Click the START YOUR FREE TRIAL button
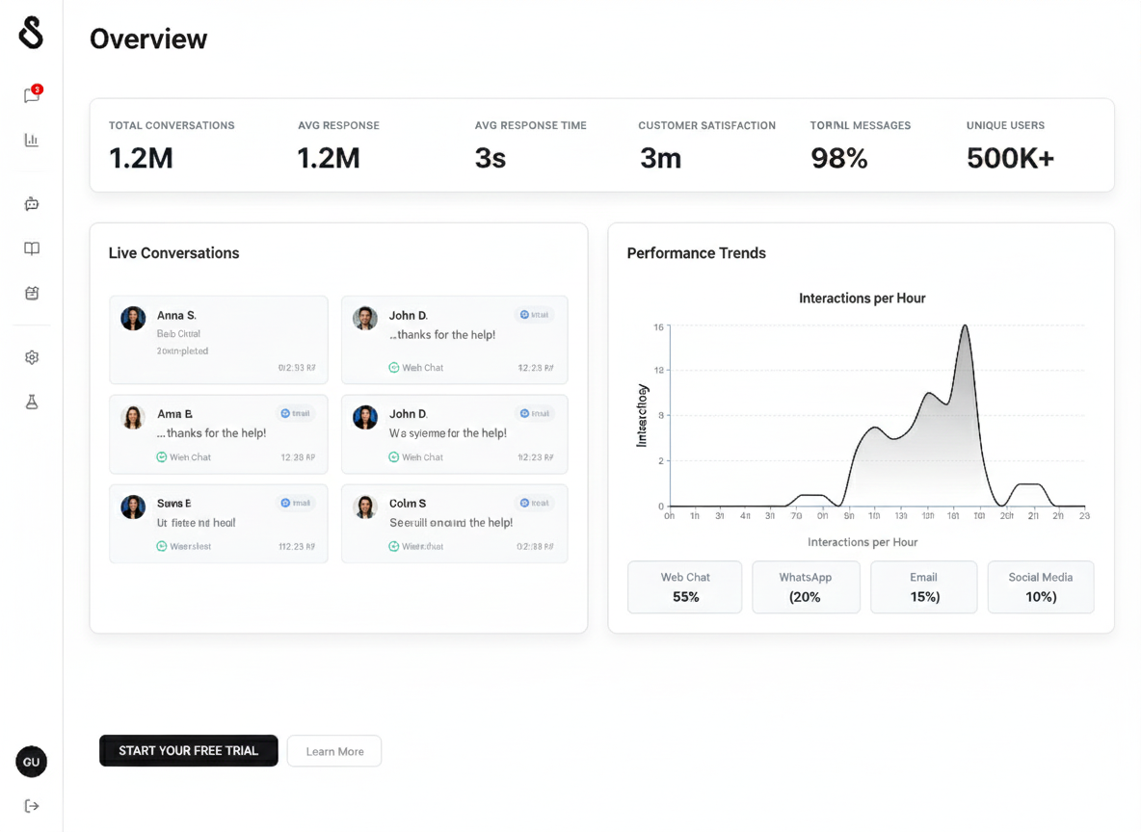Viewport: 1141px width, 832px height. click(188, 751)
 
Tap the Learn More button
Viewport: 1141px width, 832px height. click(334, 751)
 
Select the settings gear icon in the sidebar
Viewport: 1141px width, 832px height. click(32, 357)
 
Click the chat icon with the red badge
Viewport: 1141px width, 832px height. click(32, 94)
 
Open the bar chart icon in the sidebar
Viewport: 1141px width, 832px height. click(32, 140)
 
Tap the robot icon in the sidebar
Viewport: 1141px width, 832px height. click(32, 203)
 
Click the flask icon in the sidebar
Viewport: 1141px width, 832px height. click(32, 403)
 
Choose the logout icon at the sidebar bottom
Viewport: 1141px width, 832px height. click(32, 806)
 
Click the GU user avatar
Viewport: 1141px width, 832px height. click(32, 762)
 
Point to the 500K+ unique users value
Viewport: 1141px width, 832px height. click(1010, 159)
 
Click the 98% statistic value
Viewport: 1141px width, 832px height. click(838, 159)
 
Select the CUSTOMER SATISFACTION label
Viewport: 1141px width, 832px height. click(706, 125)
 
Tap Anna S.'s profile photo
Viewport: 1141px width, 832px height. click(133, 319)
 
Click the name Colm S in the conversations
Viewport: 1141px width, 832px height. click(408, 504)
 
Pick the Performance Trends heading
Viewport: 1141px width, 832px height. click(696, 253)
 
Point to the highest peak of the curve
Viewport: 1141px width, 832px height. click(964, 326)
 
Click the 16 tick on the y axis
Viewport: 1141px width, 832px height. click(659, 327)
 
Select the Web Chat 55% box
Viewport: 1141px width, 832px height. click(685, 587)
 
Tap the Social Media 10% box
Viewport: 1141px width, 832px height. click(1040, 587)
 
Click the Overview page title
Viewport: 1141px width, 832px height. click(148, 39)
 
